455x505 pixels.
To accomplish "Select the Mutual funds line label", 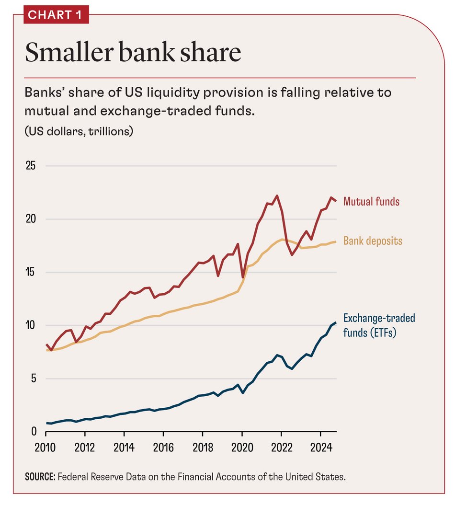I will (371, 201).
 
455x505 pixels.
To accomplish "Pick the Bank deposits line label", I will (373, 241).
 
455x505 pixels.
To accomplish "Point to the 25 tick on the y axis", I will (31, 166).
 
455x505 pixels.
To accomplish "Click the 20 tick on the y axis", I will (31, 219).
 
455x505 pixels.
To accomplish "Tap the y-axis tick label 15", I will (31, 273).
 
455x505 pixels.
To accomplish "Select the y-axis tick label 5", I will (34, 379).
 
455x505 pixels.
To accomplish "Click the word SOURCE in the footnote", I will (40, 477).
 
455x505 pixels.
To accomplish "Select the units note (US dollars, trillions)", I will (79, 131).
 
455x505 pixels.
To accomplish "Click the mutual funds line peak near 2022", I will (277, 195).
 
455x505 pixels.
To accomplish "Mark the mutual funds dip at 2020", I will (243, 277).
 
